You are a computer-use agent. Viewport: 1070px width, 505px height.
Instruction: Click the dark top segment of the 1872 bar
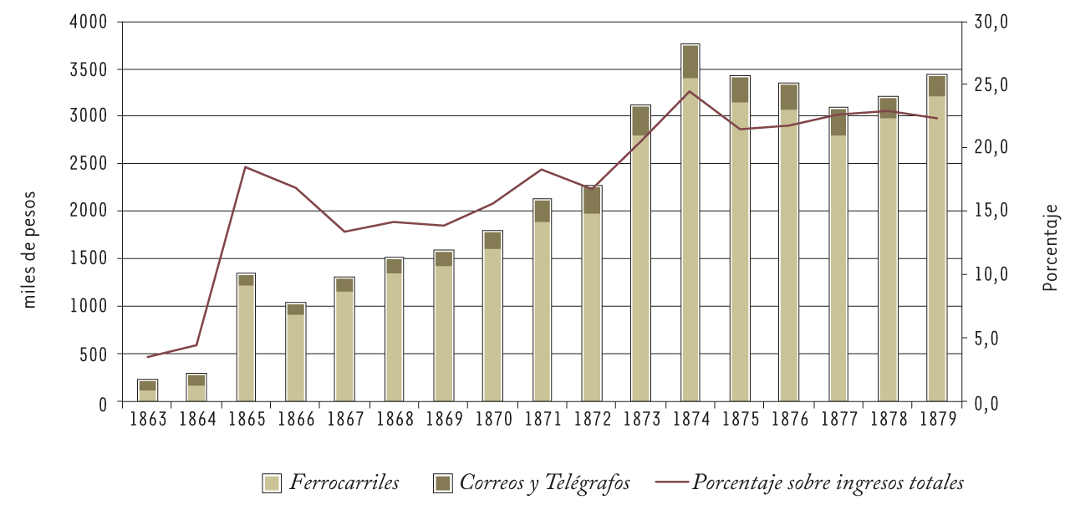[x=592, y=201]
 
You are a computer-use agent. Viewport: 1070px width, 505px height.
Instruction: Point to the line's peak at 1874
[x=690, y=91]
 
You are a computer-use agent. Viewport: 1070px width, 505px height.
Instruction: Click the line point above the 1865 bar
[x=246, y=166]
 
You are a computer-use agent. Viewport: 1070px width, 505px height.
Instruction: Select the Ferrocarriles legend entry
[x=331, y=483]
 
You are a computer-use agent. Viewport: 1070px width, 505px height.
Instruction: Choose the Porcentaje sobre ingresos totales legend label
[x=828, y=483]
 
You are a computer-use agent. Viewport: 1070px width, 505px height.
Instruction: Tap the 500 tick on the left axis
[x=96, y=355]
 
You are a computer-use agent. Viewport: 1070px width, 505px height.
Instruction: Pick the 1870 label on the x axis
[x=492, y=418]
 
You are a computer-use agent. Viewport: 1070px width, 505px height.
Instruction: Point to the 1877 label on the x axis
[x=838, y=418]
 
